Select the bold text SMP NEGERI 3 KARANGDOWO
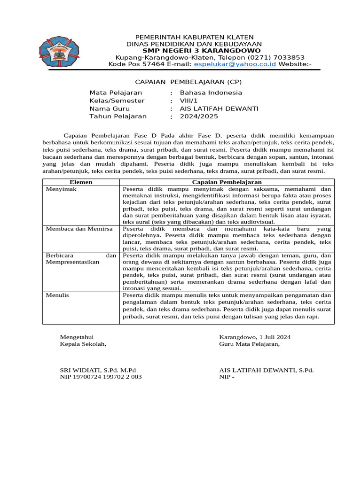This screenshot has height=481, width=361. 201,50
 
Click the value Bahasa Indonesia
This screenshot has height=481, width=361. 211,93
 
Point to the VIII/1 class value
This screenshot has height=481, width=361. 189,101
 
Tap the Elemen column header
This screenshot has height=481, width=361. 81,182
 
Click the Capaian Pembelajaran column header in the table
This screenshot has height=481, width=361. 227,182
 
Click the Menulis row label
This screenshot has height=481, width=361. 57,295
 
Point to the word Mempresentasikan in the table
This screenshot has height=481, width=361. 72,262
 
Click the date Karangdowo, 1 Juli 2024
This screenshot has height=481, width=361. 255,337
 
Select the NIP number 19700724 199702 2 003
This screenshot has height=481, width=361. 107,377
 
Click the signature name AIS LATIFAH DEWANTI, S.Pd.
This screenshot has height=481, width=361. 266,370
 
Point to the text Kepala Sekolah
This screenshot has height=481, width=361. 83,344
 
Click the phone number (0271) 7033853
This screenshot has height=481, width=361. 279,57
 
